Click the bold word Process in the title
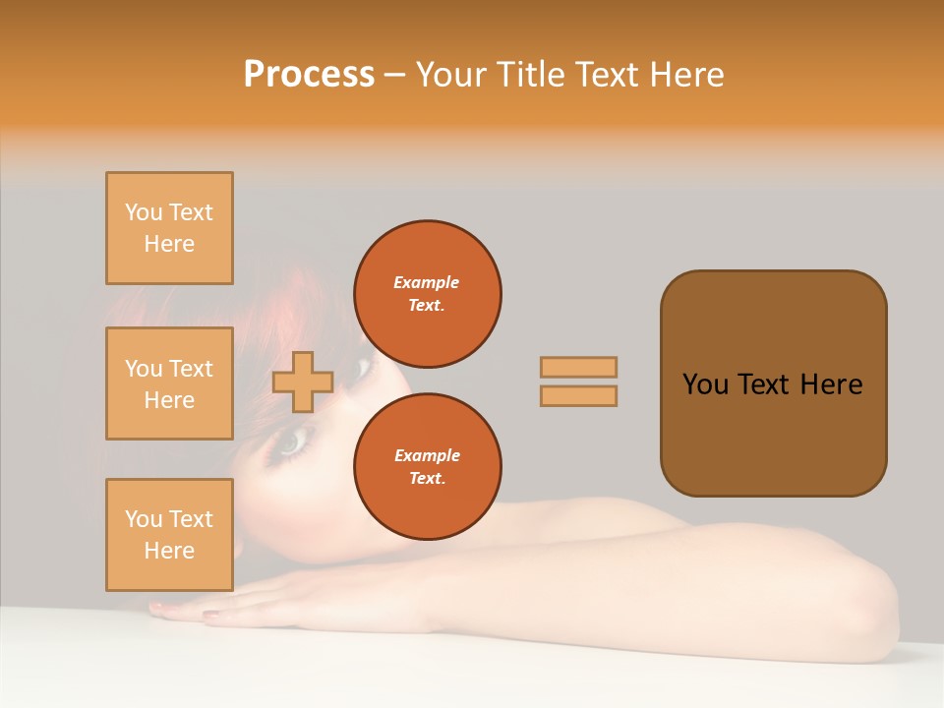click(309, 75)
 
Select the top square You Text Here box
click(169, 228)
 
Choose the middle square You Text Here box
click(169, 383)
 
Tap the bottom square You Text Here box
click(169, 535)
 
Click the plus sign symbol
click(303, 383)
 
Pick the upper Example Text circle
click(427, 293)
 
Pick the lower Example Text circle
click(427, 466)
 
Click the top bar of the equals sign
click(578, 367)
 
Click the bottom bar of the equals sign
click(578, 395)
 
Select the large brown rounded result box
click(773, 383)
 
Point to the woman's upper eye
click(361, 369)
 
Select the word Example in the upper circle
click(427, 282)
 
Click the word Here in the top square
click(169, 244)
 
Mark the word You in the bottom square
click(143, 519)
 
